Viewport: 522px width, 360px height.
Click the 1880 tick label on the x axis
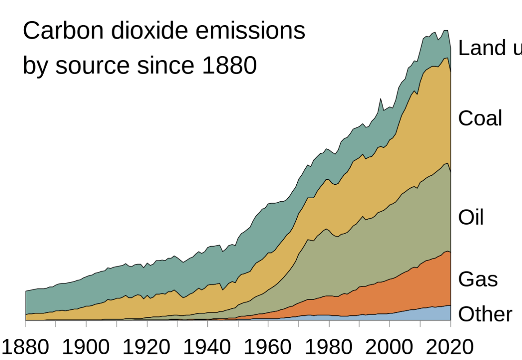(x=26, y=347)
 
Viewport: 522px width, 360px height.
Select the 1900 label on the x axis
(x=85, y=347)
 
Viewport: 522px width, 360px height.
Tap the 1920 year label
(x=146, y=347)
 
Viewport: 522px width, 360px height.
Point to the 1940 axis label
(x=207, y=347)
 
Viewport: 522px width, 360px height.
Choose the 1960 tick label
(x=268, y=347)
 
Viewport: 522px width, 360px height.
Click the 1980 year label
(x=329, y=347)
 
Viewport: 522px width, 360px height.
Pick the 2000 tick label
(x=389, y=347)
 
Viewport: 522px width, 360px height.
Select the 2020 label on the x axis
(x=450, y=347)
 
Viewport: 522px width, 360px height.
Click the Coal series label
(x=480, y=118)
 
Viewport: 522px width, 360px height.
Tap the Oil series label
(x=471, y=218)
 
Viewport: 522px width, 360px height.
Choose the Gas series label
(x=478, y=279)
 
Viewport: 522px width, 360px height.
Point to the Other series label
(x=485, y=314)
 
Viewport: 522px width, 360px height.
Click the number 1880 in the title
(x=229, y=66)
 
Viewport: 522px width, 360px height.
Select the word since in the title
(x=166, y=66)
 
